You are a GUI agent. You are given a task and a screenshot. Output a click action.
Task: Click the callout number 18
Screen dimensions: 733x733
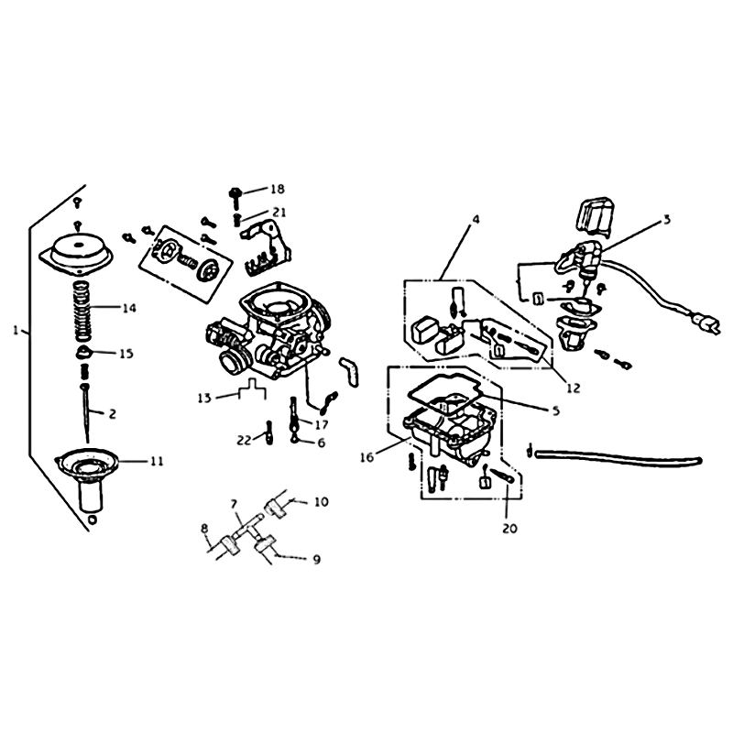pos(278,189)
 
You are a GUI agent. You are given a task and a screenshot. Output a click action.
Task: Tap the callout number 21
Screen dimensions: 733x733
pos(279,213)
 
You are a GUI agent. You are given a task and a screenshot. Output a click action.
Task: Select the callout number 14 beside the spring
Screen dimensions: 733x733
pos(128,308)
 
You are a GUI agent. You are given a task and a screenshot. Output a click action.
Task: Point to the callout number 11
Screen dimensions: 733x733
pos(157,461)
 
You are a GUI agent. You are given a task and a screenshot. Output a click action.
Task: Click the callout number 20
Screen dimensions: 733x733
pos(510,529)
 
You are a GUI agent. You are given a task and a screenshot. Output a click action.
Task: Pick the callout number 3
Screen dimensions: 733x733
pos(667,219)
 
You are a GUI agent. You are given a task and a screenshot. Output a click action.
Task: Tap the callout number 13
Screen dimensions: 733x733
pos(204,399)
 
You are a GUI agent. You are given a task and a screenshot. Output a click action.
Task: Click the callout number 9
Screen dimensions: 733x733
pos(316,559)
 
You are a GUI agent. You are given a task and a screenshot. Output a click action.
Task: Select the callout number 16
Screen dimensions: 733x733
pos(367,457)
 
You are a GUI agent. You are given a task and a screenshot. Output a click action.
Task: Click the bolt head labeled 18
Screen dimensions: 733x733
pos(235,192)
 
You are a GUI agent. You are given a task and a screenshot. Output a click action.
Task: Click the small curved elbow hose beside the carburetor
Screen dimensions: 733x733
pos(350,371)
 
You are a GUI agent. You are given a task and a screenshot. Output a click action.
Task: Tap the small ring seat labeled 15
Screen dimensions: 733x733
pos(83,353)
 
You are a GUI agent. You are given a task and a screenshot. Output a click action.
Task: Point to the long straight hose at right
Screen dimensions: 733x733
pos(618,455)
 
